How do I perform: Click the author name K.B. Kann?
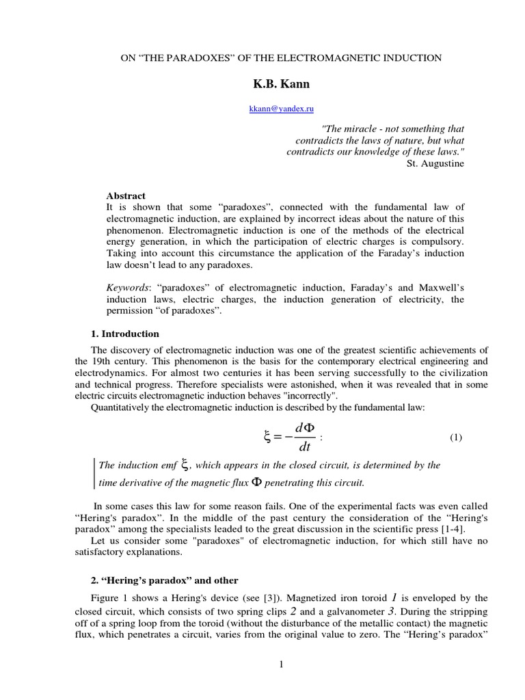tap(281, 84)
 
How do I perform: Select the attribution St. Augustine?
tap(435, 163)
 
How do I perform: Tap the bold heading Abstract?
tap(126, 196)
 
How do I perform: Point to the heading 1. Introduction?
tap(125, 334)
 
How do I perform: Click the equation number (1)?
tap(456, 437)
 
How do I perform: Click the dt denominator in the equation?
tap(305, 448)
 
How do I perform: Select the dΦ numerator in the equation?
tap(305, 428)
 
